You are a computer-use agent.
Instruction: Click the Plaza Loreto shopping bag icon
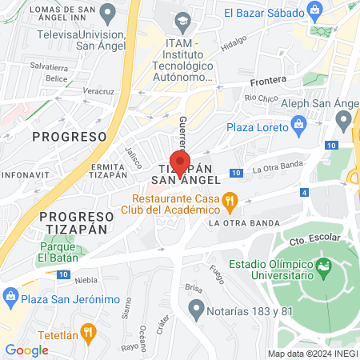pyautogui.click(x=300, y=124)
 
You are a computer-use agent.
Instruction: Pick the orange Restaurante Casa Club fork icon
pyautogui.click(x=230, y=199)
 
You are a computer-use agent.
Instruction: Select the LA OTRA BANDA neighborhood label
pyautogui.click(x=244, y=223)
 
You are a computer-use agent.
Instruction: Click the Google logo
pyautogui.click(x=26, y=350)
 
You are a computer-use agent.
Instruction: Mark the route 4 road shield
pyautogui.click(x=304, y=192)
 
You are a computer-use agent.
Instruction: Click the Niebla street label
pyautogui.click(x=86, y=281)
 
